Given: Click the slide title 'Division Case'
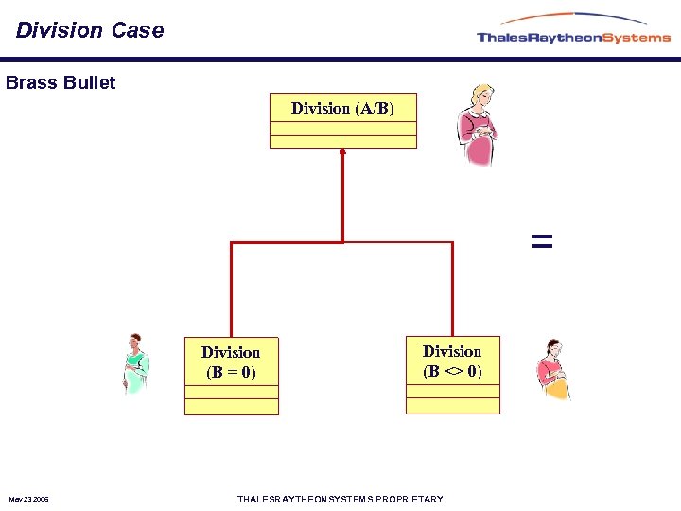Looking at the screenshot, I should tap(90, 30).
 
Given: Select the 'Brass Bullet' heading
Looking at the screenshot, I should tap(61, 82).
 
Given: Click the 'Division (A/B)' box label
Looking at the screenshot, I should tap(342, 108).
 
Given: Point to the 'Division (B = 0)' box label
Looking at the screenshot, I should tap(231, 361).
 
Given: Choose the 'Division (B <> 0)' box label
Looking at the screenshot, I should tap(452, 361).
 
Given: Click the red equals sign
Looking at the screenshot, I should tap(541, 241).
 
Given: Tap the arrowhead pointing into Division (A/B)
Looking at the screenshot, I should tap(342, 151).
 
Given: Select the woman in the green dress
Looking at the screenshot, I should tap(136, 364).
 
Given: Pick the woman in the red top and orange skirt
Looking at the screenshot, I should tap(551, 370).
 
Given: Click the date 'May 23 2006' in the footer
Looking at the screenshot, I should tap(29, 499).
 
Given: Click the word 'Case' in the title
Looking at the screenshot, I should tap(137, 30).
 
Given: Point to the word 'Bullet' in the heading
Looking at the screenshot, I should tap(90, 82).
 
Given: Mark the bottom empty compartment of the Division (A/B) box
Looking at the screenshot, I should tap(342, 142).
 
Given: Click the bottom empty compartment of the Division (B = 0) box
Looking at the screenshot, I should tap(231, 407).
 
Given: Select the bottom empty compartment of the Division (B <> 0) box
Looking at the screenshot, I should tap(452, 406).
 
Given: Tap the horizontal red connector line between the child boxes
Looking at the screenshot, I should tap(342, 242).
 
